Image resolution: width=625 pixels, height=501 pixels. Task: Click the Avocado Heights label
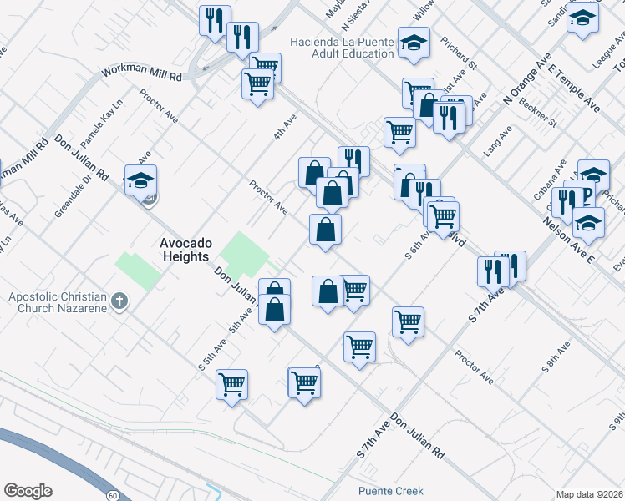point(185,250)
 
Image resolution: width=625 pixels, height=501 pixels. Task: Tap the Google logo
point(28,491)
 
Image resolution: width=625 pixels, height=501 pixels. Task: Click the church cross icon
point(119,301)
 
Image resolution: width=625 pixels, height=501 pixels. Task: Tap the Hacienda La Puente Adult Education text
point(342,48)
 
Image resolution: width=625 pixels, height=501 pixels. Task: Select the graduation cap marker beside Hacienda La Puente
point(413,43)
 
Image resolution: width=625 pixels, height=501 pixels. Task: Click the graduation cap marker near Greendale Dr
point(141,180)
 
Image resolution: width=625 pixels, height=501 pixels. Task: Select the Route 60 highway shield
point(112,496)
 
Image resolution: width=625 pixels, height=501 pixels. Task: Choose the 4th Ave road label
point(285,128)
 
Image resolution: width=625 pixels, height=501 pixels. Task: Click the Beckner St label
point(538,111)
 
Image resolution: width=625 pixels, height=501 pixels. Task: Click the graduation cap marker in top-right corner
point(582,18)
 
